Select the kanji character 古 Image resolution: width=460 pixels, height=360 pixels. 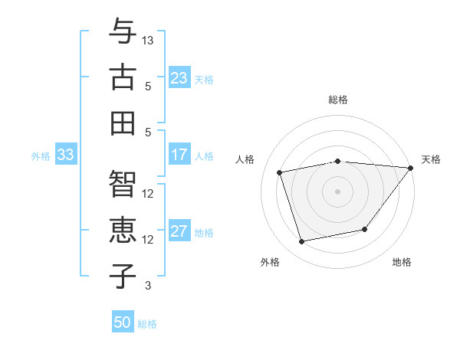[123, 77]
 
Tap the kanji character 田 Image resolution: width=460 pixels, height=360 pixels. [123, 123]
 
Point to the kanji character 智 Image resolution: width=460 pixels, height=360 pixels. [123, 185]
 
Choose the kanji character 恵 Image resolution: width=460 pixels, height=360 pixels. [123, 231]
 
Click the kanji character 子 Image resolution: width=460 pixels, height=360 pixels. [123, 277]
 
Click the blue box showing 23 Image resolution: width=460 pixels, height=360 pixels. [179, 77]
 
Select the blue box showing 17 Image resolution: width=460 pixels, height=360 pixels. [179, 155]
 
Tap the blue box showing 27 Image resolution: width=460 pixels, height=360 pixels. [179, 232]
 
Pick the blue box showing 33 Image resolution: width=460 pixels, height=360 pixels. [65, 155]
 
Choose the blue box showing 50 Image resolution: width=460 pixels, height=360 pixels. [123, 322]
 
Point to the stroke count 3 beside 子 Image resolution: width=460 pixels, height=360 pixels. [148, 286]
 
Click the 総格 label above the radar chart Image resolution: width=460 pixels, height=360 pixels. [337, 100]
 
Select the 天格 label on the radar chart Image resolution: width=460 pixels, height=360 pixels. [431, 159]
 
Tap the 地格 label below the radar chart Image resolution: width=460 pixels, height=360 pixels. [402, 263]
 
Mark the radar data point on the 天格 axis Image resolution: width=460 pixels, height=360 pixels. [410, 168]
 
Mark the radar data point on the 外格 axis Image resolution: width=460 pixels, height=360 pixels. [302, 241]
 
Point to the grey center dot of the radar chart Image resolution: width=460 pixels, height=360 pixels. [337, 191]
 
